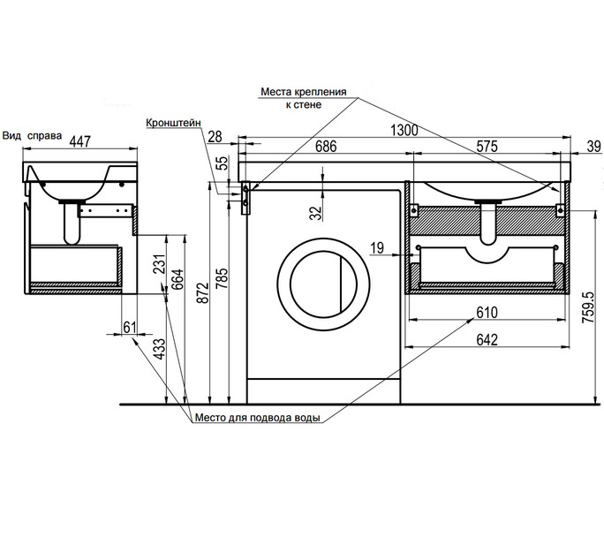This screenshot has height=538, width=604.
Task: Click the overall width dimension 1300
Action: pos(404,130)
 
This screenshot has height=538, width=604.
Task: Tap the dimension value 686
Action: pos(326,147)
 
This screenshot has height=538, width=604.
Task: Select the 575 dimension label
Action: pos(487,147)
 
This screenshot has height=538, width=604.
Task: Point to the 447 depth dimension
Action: pos(80,141)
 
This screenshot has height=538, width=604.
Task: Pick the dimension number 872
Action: pos(203,292)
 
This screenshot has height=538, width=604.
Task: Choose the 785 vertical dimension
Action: pos(223,278)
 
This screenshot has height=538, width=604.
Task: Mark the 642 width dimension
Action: pos(487,339)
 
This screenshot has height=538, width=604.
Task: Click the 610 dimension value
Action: pos(487,312)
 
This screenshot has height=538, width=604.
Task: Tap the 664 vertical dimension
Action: pos(178,279)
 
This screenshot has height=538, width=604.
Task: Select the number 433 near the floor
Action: pos(159,349)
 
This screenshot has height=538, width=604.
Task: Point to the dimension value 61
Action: pos(130,327)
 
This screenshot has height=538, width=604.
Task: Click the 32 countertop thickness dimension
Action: pos(316,212)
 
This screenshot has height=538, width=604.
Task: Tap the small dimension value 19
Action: pos(377,248)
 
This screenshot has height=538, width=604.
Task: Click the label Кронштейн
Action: pos(173,123)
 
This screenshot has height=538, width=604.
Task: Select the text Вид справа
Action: pos(32,136)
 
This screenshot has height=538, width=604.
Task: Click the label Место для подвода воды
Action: pos(257,418)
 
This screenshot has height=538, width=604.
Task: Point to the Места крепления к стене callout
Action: pos(304,98)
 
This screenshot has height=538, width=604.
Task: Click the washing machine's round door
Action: pos(323,284)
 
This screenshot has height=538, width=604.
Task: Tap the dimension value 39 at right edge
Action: pos(593,147)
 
